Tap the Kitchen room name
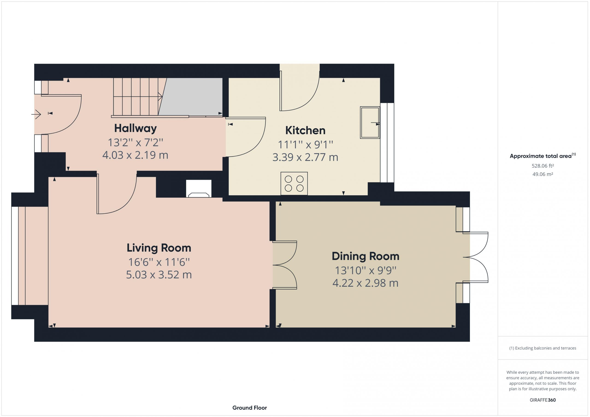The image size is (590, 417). point(305,130)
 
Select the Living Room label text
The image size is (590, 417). point(159,248)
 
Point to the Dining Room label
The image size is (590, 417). point(366,256)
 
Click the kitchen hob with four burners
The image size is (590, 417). point(294,184)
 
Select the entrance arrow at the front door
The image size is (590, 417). point(36,114)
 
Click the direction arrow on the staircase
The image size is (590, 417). point(138,96)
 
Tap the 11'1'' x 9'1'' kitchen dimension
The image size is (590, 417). point(305,145)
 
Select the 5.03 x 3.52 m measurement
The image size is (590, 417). point(159,275)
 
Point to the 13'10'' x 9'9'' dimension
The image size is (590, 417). point(366,270)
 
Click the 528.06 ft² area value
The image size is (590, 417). point(543,166)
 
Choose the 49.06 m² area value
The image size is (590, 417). point(543,174)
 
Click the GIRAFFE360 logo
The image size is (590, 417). point(543,400)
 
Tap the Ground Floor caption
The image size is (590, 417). point(250,408)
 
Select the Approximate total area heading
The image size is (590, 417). point(543,156)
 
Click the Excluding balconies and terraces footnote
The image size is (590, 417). point(543,348)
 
